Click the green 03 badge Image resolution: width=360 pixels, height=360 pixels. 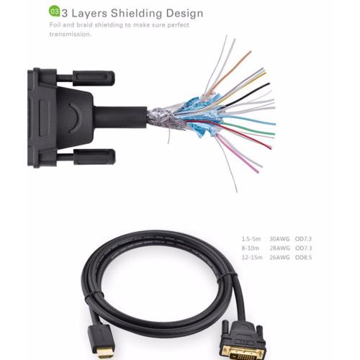coord(55,12)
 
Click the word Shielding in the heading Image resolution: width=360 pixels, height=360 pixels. coord(136,14)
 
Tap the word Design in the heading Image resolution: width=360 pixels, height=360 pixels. coord(184,14)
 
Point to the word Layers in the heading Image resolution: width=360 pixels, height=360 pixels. coord(89,14)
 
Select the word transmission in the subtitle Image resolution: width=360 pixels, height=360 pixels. coord(71,34)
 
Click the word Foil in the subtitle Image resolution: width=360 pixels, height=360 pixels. coord(55,24)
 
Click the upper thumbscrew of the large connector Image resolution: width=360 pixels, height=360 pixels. coord(94,78)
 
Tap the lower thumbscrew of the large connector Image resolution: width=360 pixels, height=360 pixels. coord(94,157)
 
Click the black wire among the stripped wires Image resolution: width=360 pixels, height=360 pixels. coord(247,95)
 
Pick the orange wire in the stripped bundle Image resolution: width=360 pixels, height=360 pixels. coord(229,73)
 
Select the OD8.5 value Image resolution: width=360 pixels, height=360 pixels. coord(303,258)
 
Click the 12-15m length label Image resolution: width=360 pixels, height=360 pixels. coord(252,258)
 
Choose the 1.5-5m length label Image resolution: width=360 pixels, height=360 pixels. coord(251,239)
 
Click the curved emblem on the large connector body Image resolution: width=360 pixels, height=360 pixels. coord(77,117)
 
